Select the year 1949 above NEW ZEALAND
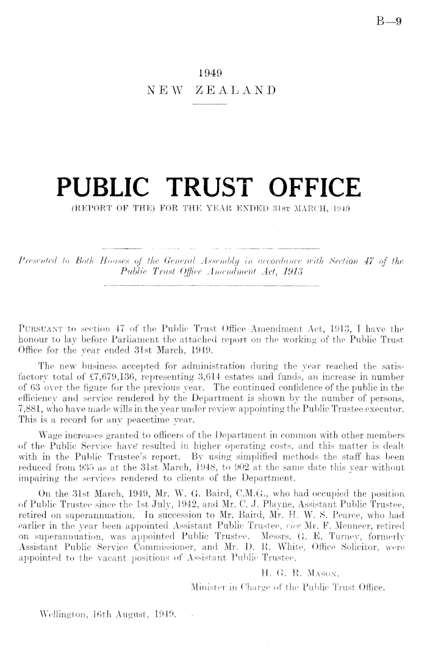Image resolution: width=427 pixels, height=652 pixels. pyautogui.click(x=210, y=74)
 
